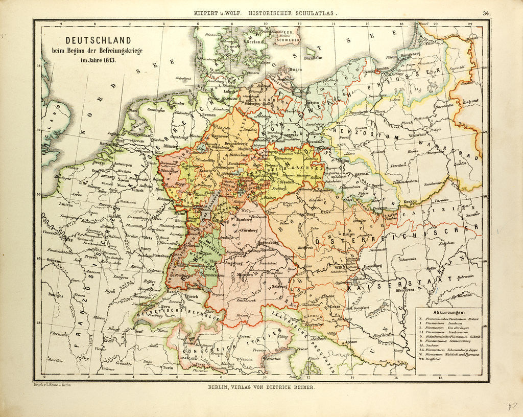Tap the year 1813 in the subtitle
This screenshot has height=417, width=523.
tap(108, 60)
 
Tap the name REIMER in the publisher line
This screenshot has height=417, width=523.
tap(303, 388)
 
